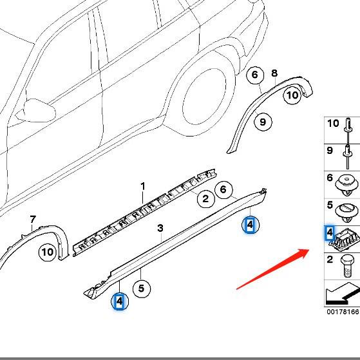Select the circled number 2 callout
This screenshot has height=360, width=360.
[205, 198]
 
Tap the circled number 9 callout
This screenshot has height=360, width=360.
[262, 120]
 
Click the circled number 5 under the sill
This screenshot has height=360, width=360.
[141, 289]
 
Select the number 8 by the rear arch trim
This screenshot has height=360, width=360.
[274, 73]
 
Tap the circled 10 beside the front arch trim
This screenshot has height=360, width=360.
[47, 252]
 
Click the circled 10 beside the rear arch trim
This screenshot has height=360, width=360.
[292, 95]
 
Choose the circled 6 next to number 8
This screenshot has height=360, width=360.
[255, 75]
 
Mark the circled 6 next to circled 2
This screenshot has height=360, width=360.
[223, 189]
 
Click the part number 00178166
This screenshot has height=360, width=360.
[343, 312]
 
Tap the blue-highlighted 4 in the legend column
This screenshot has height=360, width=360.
[330, 232]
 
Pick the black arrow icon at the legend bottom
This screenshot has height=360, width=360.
[342, 294]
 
